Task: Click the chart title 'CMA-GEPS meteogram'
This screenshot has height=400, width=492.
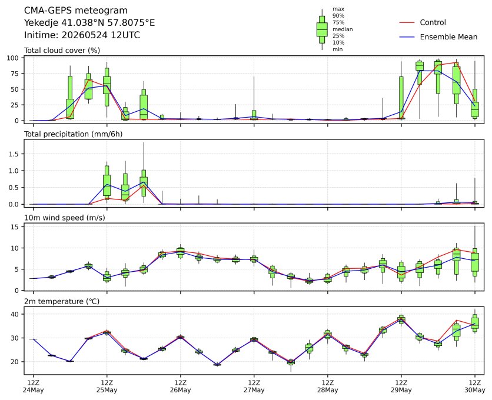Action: pyautogui.click(x=76, y=11)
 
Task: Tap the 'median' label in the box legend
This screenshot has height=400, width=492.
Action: pyautogui.click(x=343, y=29)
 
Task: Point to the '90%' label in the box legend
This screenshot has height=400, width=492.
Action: pyautogui.click(x=338, y=16)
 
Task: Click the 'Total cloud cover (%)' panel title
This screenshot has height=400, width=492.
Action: pyautogui.click(x=62, y=51)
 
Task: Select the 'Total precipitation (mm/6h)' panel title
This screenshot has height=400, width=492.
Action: pyautogui.click(x=74, y=134)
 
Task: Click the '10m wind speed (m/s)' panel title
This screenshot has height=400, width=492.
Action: pyautogui.click(x=65, y=218)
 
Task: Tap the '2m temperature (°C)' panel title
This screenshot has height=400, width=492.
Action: pyautogui.click(x=62, y=302)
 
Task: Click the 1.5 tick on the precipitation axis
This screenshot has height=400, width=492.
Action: pyautogui.click(x=14, y=154)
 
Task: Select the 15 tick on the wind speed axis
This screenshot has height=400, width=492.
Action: pyautogui.click(x=15, y=227)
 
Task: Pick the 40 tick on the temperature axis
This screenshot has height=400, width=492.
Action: pyautogui.click(x=15, y=314)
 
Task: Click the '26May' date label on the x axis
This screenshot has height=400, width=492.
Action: pyautogui.click(x=181, y=390)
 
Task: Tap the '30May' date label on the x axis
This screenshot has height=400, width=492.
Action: pyautogui.click(x=475, y=390)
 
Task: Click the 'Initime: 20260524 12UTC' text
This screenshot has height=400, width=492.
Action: pyautogui.click(x=82, y=35)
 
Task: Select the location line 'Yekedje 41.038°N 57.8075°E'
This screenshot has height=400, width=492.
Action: pyautogui.click(x=89, y=23)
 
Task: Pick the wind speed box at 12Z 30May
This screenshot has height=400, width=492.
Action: pyautogui.click(x=475, y=262)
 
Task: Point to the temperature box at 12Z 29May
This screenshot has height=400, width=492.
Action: pyautogui.click(x=401, y=319)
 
